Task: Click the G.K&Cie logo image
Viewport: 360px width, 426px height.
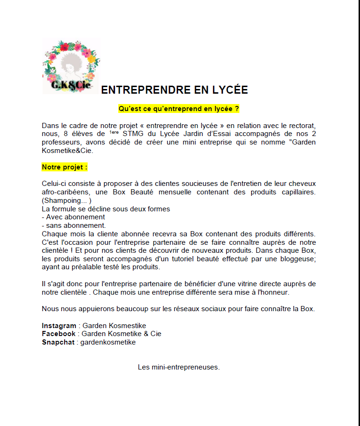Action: [71, 66]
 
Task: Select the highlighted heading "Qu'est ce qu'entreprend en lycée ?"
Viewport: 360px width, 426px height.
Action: [179, 109]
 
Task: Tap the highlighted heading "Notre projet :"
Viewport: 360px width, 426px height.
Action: [65, 167]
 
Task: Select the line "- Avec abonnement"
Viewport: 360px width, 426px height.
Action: [73, 217]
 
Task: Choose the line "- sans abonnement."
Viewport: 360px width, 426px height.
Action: [74, 225]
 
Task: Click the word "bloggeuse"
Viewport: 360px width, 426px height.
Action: [295, 259]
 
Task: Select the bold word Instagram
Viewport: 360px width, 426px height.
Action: [59, 326]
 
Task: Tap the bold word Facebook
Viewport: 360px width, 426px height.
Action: [58, 334]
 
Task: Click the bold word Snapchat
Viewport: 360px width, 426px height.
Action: [58, 342]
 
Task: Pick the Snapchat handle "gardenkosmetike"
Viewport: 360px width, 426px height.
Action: [108, 342]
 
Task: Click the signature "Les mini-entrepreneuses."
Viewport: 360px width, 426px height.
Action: [179, 367]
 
